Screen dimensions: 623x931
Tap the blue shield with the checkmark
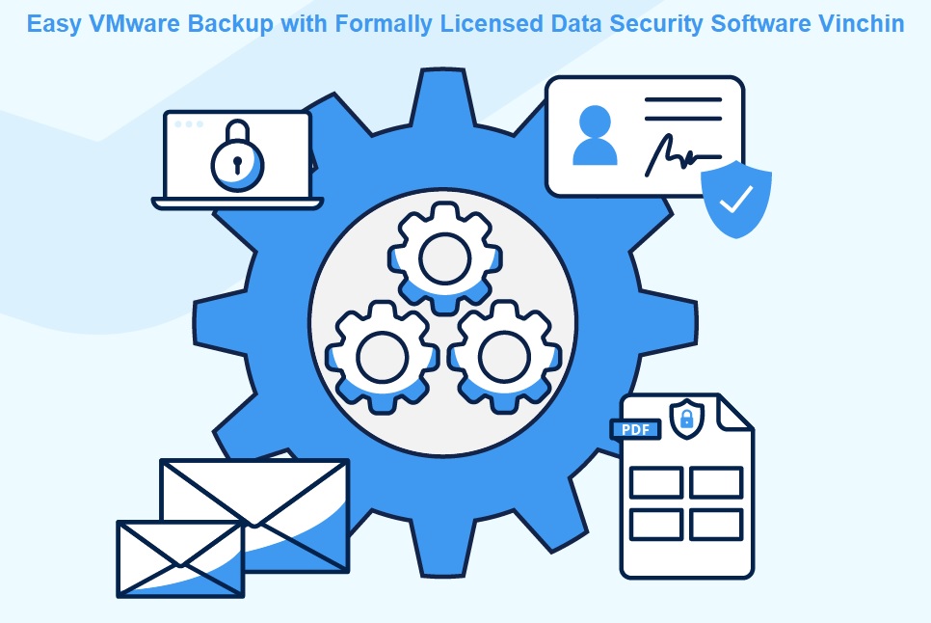point(736,199)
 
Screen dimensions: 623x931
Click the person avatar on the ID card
point(595,135)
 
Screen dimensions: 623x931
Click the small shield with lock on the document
point(686,417)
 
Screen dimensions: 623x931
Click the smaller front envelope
point(180,558)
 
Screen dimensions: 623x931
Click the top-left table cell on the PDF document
point(656,482)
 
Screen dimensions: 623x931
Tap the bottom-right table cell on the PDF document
point(716,525)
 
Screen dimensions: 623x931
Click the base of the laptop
point(237,203)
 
